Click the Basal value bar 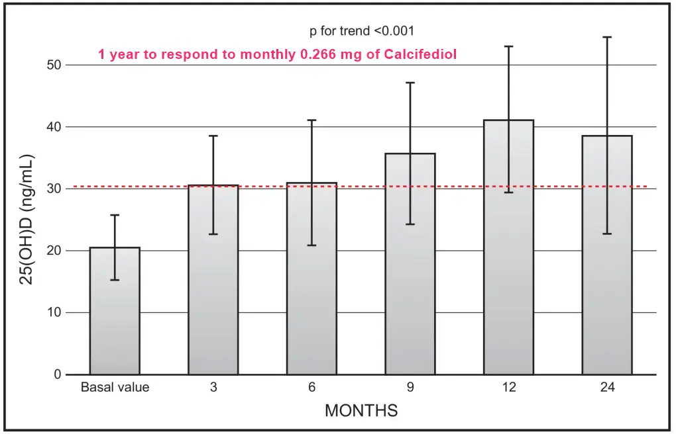tap(115, 318)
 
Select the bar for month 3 tap(213, 291)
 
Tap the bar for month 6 tap(311, 291)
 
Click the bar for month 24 tap(607, 265)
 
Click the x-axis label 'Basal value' tap(115, 388)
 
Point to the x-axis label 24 tap(607, 388)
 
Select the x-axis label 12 tap(508, 388)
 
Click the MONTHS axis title tap(361, 410)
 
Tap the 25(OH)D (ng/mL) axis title tap(27, 220)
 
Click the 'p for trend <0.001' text tap(362, 31)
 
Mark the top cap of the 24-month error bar tap(607, 37)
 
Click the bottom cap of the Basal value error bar tap(115, 280)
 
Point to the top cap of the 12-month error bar tap(508, 46)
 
